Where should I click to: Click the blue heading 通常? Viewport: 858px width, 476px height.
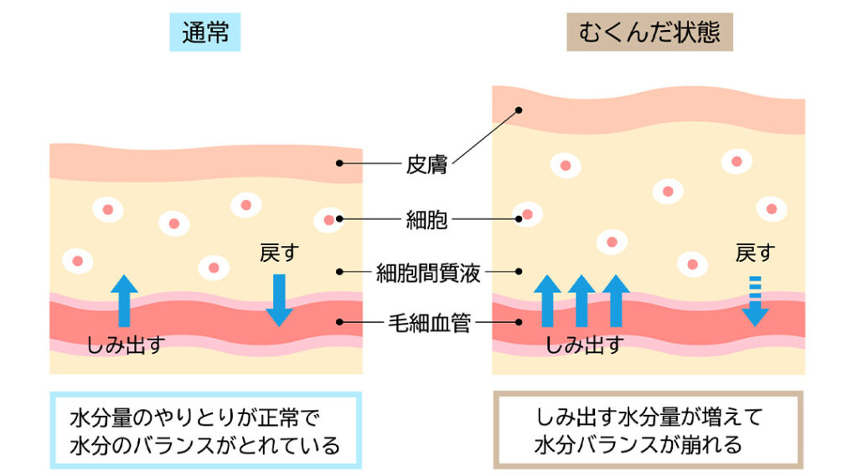click(204, 33)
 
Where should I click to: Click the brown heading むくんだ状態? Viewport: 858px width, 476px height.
click(649, 33)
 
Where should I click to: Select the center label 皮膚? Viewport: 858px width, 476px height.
click(426, 164)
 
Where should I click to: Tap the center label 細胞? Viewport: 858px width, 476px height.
click(426, 220)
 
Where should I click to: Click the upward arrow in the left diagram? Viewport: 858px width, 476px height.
click(124, 299)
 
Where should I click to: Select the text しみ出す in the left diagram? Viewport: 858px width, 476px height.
click(126, 344)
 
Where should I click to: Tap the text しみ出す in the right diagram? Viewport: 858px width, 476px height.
click(584, 344)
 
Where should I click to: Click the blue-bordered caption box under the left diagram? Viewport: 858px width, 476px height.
click(205, 430)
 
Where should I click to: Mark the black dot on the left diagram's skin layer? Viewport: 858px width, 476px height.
click(339, 163)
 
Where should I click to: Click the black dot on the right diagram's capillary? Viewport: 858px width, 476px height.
click(519, 321)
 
